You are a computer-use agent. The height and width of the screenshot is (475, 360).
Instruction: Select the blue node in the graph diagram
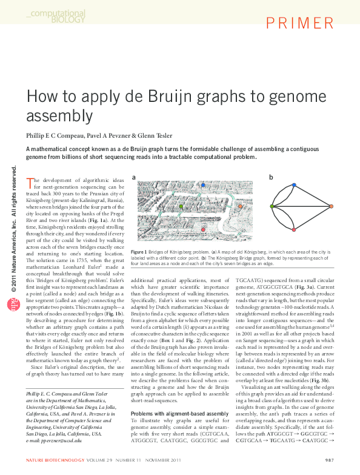tap(295, 184)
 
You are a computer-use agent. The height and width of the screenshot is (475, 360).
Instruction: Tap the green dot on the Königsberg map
tap(181, 207)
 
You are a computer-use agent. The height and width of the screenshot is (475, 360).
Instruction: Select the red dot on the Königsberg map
tap(204, 230)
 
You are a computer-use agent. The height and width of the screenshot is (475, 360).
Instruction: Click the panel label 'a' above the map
tap(133, 177)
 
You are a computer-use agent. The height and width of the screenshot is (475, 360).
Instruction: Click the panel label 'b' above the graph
tap(272, 177)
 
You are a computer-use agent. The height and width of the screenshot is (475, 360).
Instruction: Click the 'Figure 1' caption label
tap(138, 252)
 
